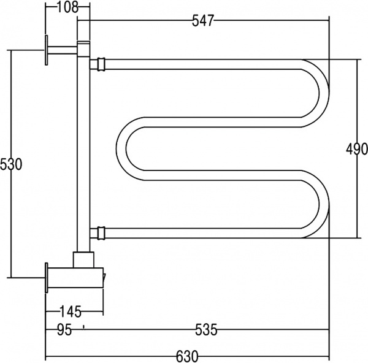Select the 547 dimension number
(x=202, y=21)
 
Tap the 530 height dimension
(x=11, y=164)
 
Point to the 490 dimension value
(x=356, y=149)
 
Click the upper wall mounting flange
(x=46, y=50)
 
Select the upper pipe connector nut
(x=98, y=63)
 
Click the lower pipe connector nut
(x=98, y=232)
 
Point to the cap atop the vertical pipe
(x=83, y=43)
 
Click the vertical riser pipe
(x=83, y=153)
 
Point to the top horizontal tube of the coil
(x=202, y=63)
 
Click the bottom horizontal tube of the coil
(x=202, y=232)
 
